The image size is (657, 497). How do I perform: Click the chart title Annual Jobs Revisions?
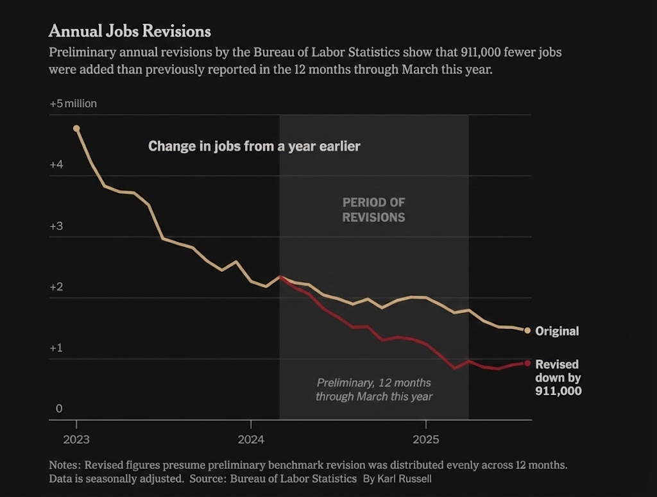(x=130, y=31)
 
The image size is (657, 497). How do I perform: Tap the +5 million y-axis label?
(x=73, y=103)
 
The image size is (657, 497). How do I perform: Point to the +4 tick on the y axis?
(x=56, y=165)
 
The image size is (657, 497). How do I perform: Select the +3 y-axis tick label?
(x=56, y=226)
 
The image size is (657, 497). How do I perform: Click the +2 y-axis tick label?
(x=56, y=287)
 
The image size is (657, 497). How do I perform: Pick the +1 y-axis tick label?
(x=56, y=348)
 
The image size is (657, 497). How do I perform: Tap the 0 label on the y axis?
(x=59, y=409)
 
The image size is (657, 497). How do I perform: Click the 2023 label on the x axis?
(x=76, y=440)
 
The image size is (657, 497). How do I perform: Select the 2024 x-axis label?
(x=251, y=440)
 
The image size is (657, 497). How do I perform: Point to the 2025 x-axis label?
(x=425, y=440)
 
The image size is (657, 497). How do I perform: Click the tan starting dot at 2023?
(x=76, y=128)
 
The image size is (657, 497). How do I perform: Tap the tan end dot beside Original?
(x=527, y=331)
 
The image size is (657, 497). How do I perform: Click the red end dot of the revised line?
(x=527, y=363)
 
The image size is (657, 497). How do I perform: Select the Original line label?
(x=557, y=332)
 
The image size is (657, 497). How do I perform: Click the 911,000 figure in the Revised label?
(x=558, y=390)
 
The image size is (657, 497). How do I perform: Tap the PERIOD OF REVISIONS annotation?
(x=373, y=210)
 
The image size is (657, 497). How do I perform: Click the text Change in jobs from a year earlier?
(x=254, y=146)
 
